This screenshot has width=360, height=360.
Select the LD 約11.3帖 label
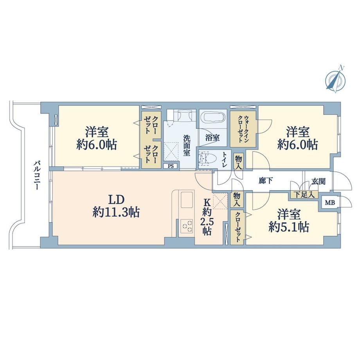click(116, 206)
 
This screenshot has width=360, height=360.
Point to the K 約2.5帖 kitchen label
click(207, 217)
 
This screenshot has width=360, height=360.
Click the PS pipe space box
click(171, 166)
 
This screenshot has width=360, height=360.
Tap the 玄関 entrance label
click(319, 182)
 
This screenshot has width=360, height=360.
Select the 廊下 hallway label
click(266, 181)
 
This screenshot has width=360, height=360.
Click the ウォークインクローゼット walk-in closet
click(243, 129)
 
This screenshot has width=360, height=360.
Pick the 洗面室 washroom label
click(187, 146)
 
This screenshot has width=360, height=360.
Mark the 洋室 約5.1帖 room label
click(289, 221)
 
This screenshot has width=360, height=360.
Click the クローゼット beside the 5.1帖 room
click(237, 227)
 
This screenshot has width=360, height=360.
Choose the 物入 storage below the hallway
click(237, 200)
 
